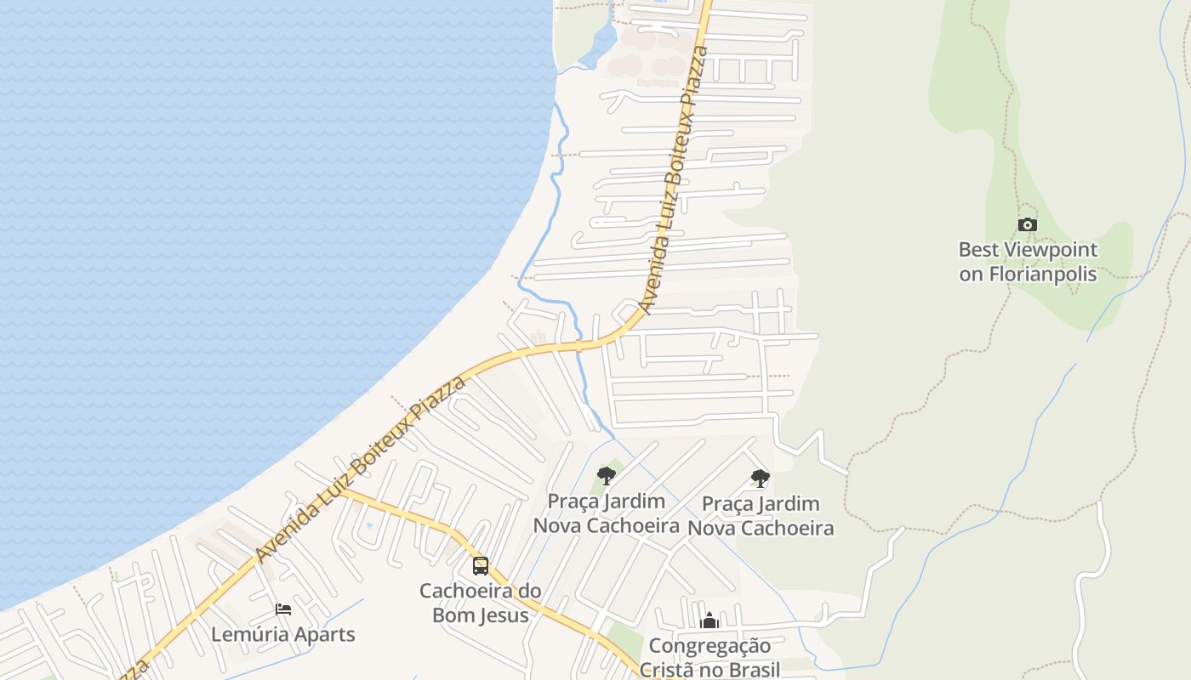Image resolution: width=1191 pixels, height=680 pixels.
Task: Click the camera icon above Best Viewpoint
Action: [1028, 225]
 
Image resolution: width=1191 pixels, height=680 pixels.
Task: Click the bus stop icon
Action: [481, 565]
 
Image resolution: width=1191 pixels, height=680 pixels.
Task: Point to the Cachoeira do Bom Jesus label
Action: [481, 603]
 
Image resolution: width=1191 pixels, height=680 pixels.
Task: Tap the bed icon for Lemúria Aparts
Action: [283, 609]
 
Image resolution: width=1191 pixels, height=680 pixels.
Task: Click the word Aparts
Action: [323, 635]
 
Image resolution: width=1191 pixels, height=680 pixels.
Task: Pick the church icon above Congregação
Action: [709, 621]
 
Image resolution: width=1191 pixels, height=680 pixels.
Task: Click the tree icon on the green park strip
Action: [607, 475]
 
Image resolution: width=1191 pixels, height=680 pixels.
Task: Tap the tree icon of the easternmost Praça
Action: [761, 479]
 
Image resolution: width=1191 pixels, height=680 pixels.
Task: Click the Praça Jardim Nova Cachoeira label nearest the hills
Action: [761, 516]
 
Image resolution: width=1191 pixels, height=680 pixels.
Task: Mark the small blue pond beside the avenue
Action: [368, 525]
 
